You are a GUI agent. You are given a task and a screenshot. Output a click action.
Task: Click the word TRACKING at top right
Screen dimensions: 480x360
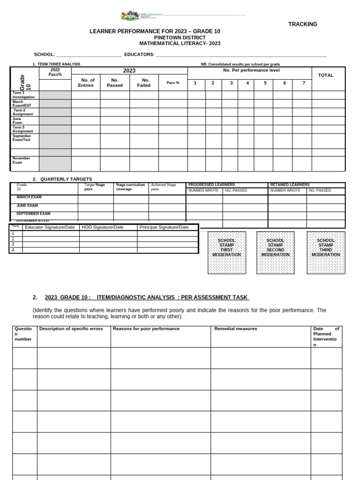point(302,24)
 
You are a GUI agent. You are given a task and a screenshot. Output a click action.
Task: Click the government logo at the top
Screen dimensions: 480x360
point(130,16)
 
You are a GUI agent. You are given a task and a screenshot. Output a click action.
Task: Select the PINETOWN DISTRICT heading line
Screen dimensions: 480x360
point(180,37)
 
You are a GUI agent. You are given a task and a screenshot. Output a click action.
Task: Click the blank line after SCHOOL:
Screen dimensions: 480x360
point(89,55)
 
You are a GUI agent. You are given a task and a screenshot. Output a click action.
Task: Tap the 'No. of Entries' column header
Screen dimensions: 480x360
point(86,83)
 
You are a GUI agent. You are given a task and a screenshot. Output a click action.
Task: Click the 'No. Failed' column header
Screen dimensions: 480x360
point(144,83)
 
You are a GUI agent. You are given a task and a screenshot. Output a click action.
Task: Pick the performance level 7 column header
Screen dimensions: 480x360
point(303,83)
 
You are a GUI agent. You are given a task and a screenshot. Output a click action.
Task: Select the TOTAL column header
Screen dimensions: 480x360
point(325,75)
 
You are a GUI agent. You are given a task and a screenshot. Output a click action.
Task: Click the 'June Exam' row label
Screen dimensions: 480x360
point(17,120)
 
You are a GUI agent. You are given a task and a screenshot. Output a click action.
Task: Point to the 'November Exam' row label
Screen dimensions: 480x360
point(21,160)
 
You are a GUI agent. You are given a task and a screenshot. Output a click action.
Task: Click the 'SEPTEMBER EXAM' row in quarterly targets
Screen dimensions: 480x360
point(33,213)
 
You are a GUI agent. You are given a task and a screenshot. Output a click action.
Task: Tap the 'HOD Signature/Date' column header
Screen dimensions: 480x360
point(103,227)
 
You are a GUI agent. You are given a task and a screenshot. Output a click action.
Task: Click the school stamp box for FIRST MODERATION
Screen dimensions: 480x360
point(226,252)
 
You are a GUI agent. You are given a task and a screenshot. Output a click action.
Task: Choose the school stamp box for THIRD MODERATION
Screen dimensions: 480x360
point(326,252)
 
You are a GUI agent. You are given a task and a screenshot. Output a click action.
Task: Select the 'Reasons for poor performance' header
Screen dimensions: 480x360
point(146,329)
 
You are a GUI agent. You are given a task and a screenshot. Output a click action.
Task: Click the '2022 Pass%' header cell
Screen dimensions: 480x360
point(55,72)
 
